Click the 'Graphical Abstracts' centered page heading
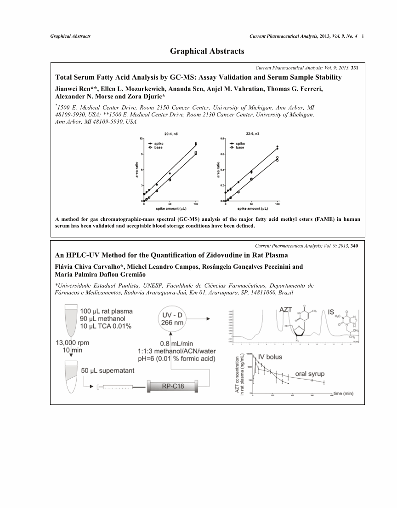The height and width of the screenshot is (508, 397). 207,51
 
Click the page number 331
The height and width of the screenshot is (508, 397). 354,68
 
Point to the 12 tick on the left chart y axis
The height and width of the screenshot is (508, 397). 141,138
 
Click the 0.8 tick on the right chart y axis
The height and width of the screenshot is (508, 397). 222,138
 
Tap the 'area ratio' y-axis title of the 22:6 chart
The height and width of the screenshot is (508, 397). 218,169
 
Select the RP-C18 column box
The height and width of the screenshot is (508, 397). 173,386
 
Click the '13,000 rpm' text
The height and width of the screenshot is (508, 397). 72,343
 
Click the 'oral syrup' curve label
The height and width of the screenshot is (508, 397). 307,373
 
